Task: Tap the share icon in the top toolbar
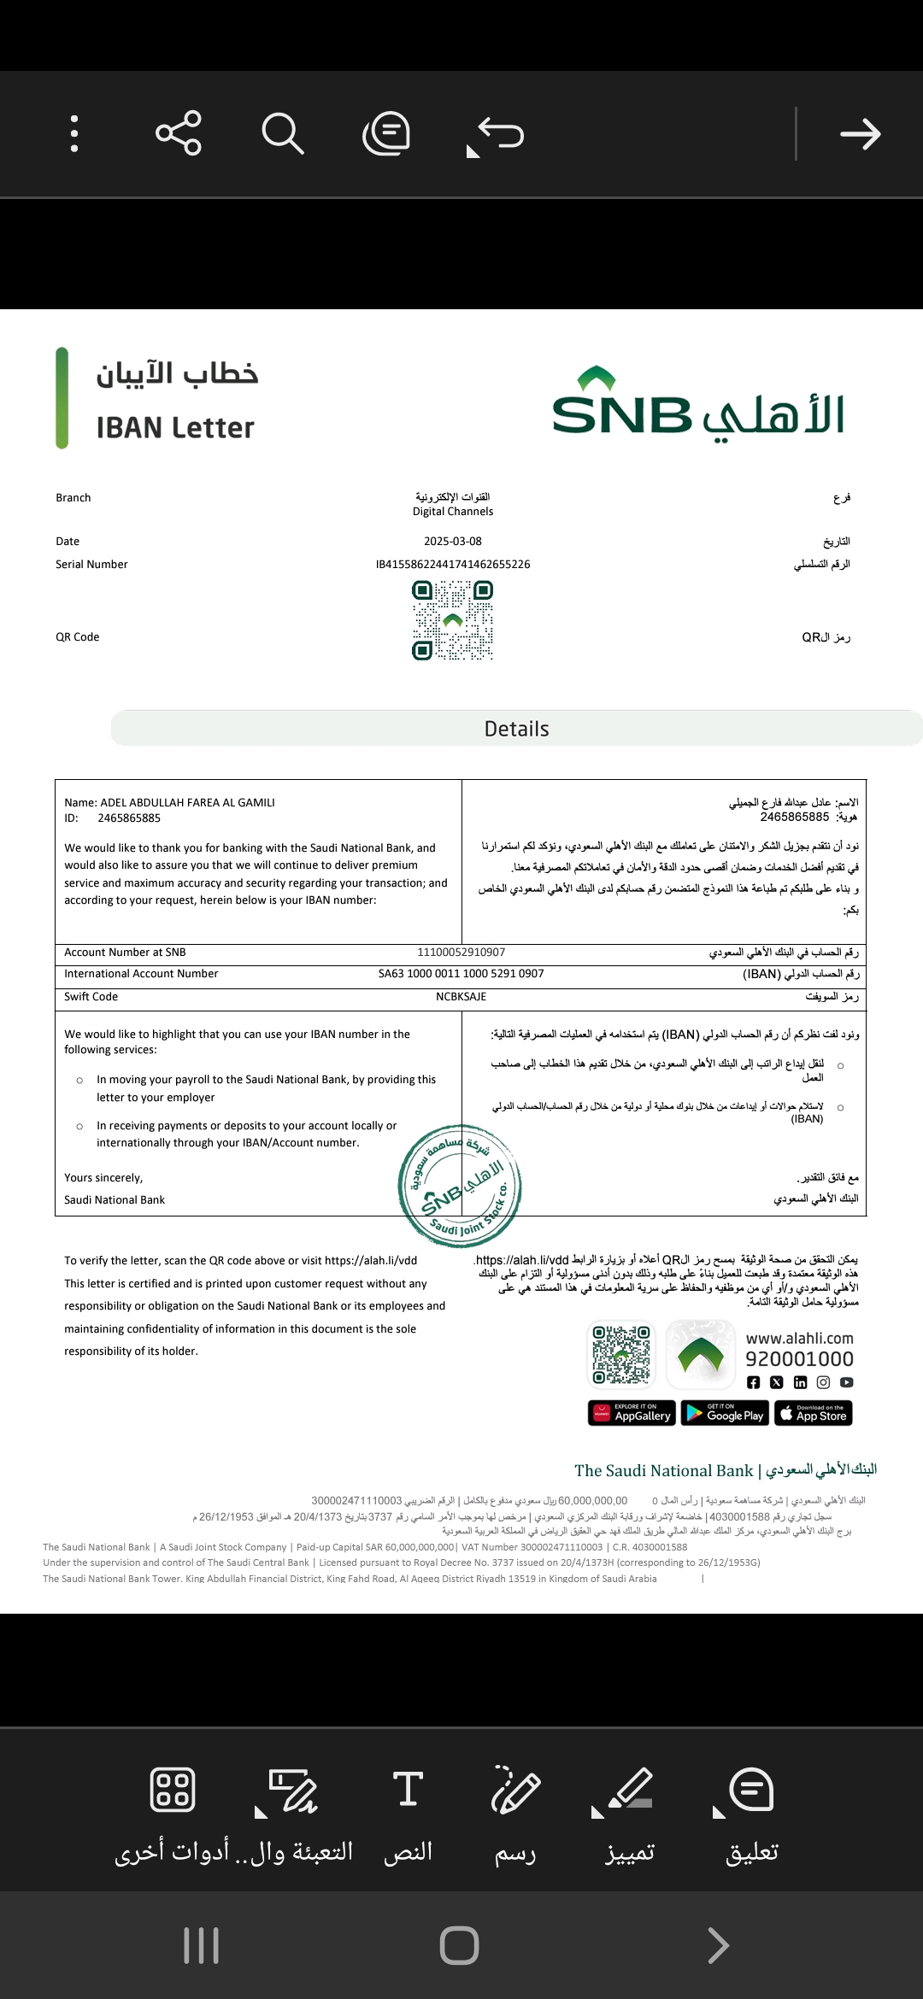tap(178, 133)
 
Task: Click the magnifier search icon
tap(282, 133)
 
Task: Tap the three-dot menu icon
tap(74, 133)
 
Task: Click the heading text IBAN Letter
tap(175, 427)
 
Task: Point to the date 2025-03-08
tap(453, 542)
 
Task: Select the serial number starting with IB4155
tap(453, 565)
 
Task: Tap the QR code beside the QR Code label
tap(453, 620)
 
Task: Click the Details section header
tap(516, 729)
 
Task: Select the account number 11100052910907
tap(461, 953)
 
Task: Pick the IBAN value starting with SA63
tap(461, 974)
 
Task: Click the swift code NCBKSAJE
tap(461, 997)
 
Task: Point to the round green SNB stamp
tap(460, 1186)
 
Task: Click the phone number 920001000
tap(799, 1359)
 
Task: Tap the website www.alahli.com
tap(799, 1339)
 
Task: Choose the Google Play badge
tap(725, 1414)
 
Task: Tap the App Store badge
tap(813, 1414)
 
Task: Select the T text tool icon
tap(408, 1789)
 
